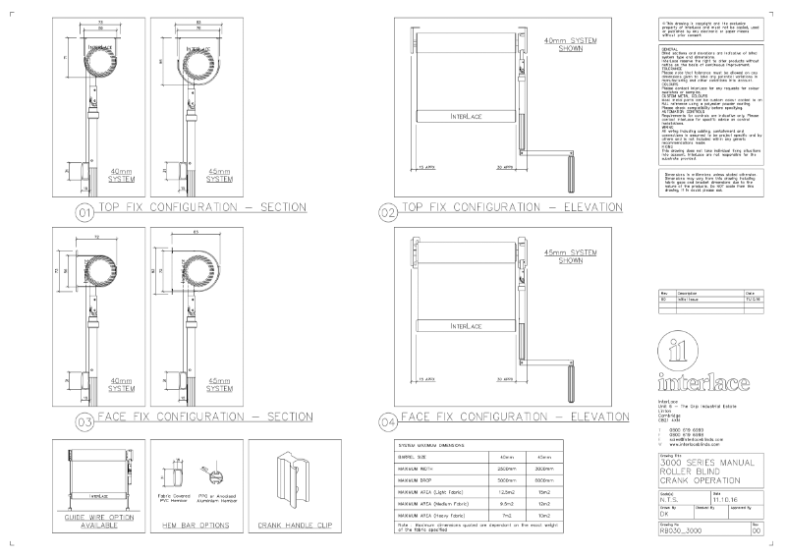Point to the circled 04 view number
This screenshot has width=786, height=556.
[x=387, y=422]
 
